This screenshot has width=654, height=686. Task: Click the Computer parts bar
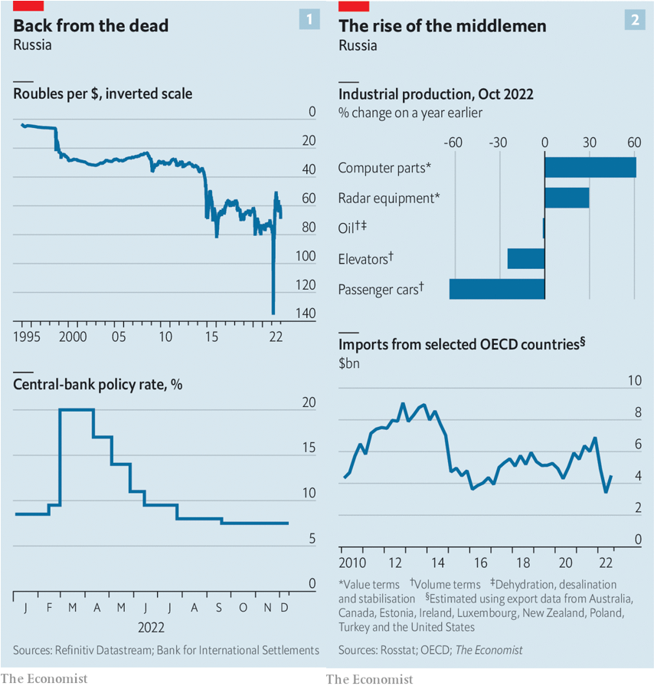[x=590, y=168]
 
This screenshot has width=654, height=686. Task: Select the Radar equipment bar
[x=567, y=198]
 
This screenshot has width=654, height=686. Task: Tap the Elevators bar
[x=526, y=258]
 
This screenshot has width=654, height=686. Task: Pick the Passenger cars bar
[x=497, y=289]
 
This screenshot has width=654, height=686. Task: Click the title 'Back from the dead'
[x=91, y=26]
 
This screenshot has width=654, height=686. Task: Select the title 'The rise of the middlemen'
[x=443, y=26]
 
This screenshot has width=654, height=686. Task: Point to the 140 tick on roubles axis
[x=306, y=313]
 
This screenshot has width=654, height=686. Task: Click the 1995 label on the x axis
[x=27, y=337]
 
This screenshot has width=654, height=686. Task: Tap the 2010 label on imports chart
[x=352, y=563]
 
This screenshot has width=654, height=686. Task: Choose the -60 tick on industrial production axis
[x=453, y=143]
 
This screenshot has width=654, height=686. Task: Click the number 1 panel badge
[x=309, y=19]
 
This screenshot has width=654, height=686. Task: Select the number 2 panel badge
[x=635, y=20]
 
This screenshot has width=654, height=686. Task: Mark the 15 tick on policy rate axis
[x=309, y=448]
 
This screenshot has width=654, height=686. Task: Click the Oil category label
[x=352, y=228]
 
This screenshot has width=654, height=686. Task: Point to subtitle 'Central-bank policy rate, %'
[x=98, y=385]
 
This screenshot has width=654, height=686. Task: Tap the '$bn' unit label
[x=349, y=363]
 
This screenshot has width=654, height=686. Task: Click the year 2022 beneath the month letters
[x=152, y=628]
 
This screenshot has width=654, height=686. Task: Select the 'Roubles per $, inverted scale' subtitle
[x=103, y=94]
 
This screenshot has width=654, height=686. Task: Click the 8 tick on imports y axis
[x=638, y=412]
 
